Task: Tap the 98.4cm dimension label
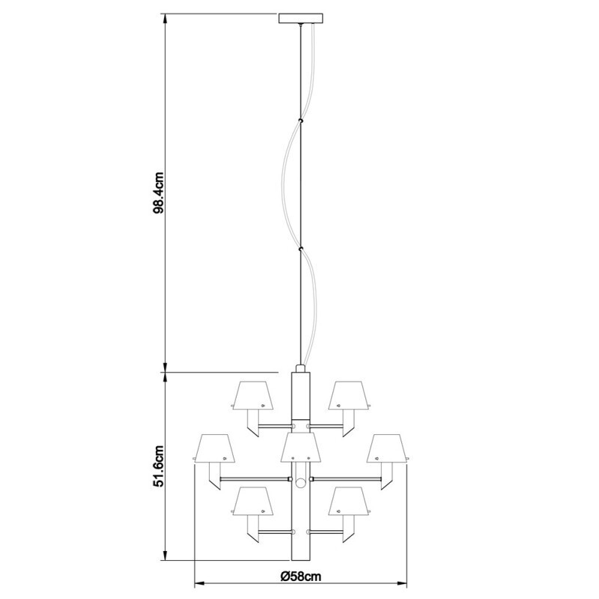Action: point(158,195)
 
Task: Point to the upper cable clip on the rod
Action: point(300,119)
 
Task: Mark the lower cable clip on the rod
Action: point(300,249)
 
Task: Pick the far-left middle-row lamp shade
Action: point(214,448)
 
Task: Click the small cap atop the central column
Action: point(300,370)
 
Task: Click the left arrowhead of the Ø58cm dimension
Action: point(198,584)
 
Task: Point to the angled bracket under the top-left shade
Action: point(255,425)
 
